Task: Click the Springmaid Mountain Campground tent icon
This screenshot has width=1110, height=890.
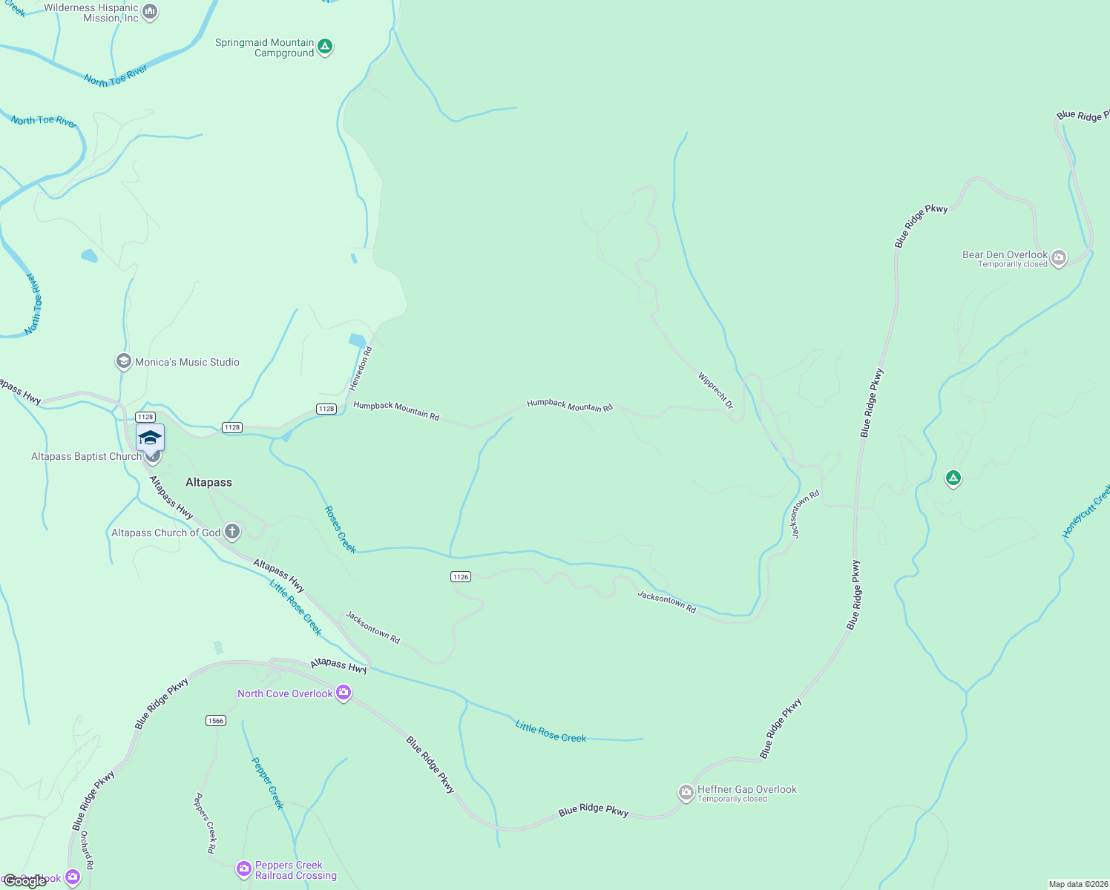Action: pos(324,47)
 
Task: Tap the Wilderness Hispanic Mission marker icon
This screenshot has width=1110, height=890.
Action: pos(150,12)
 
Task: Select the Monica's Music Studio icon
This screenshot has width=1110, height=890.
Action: pos(124,362)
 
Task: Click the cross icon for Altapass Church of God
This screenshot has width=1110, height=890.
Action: pos(232,531)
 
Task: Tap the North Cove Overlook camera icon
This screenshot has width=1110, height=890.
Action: pos(343,693)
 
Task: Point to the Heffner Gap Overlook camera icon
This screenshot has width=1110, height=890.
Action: pos(686,793)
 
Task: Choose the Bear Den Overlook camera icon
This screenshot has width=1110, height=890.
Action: pos(1059,258)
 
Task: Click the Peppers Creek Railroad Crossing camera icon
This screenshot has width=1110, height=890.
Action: pos(244,868)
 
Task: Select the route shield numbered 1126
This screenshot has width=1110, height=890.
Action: pos(461,576)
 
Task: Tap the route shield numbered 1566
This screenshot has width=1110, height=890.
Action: pos(216,720)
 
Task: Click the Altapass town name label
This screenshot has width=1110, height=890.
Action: pos(208,482)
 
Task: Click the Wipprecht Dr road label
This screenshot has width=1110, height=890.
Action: pos(715,390)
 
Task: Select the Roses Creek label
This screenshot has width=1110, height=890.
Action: pos(341,529)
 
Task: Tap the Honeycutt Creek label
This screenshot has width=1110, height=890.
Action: pos(1086,511)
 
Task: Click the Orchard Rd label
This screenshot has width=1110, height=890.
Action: pos(87,850)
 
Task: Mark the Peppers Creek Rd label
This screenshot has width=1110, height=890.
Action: pos(205,823)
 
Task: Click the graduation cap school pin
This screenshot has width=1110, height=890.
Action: pos(150,438)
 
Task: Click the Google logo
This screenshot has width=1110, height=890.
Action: pos(25,881)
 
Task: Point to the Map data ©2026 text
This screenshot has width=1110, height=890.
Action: pos(1077,884)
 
